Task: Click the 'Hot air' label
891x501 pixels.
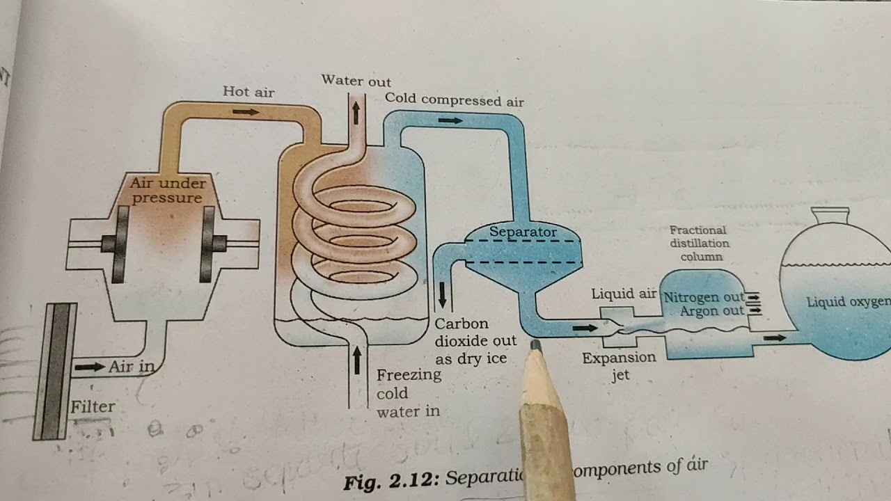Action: pyautogui.click(x=249, y=91)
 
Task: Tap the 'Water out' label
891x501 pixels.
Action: pyautogui.click(x=356, y=81)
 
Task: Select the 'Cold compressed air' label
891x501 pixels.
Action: pyautogui.click(x=454, y=100)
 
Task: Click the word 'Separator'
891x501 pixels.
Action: pyautogui.click(x=523, y=231)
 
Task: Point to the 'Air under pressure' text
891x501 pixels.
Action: pyautogui.click(x=168, y=191)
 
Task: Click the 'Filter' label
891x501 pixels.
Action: pyautogui.click(x=93, y=406)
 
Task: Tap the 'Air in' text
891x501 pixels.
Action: pyautogui.click(x=130, y=366)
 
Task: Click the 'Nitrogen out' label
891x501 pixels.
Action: pyautogui.click(x=704, y=297)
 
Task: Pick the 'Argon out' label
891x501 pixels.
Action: pyautogui.click(x=712, y=311)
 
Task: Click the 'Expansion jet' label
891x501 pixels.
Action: pyautogui.click(x=619, y=366)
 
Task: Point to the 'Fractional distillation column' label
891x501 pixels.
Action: pyautogui.click(x=698, y=243)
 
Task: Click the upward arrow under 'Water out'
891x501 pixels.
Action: pyautogui.click(x=356, y=111)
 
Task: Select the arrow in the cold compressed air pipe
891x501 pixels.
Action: pyautogui.click(x=450, y=120)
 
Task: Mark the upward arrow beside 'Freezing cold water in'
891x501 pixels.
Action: pyautogui.click(x=357, y=360)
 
